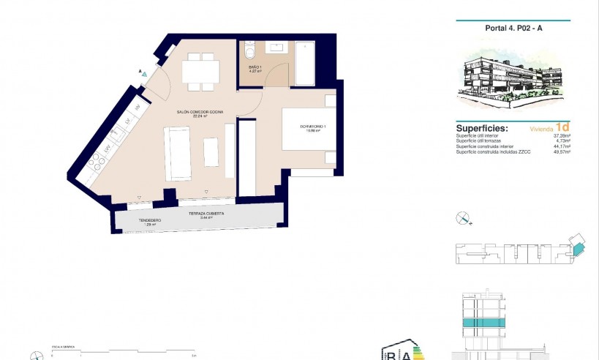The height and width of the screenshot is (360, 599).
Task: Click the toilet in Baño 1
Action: coord(249,53)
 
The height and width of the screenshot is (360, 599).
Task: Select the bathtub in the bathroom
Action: coord(305,64)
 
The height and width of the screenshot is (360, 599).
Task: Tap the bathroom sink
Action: coord(277,48)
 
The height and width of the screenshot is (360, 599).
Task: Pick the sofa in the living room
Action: coord(178,153)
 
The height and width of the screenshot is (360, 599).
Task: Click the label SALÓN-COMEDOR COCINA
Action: coord(199,112)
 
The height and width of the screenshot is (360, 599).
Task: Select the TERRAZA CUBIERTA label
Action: coord(206,214)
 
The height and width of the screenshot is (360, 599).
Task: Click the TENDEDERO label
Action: coord(150,220)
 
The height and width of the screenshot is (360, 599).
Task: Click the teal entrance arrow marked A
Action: coord(145,74)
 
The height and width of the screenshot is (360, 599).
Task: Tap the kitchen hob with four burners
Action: coord(97,162)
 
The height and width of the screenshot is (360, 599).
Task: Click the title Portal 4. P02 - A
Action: coord(513,29)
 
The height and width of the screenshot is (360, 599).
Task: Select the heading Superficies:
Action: coord(482,126)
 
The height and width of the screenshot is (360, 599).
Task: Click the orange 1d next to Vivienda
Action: coord(562,126)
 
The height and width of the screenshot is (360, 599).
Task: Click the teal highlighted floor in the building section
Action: coord(482,323)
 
